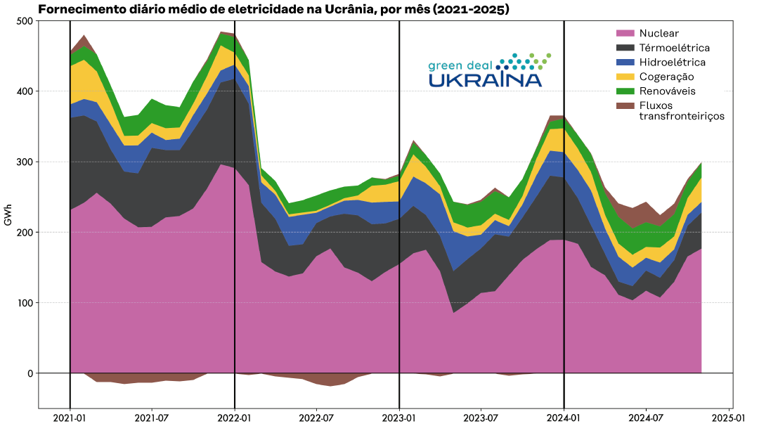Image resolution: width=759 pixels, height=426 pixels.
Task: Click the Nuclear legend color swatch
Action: click(625, 33)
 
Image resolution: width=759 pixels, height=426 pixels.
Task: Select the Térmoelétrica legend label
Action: click(674, 48)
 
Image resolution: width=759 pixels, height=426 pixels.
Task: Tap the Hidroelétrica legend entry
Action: click(672, 62)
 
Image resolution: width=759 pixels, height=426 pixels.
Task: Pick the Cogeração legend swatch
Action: click(625, 77)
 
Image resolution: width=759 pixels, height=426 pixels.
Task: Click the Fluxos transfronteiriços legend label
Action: click(681, 111)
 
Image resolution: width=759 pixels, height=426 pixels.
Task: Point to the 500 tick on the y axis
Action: click(25, 21)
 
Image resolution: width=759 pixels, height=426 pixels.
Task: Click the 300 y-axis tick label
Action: click(25, 162)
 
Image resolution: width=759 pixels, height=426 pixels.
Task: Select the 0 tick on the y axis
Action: click(30, 373)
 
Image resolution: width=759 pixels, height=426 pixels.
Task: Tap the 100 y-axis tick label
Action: click(25, 303)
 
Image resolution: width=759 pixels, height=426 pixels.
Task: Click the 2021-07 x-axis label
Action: click(152, 418)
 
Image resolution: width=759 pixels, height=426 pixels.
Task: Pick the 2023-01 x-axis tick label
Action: click(399, 418)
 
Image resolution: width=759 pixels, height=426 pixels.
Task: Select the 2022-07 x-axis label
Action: click(316, 418)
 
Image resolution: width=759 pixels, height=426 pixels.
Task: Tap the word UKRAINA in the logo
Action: click(485, 79)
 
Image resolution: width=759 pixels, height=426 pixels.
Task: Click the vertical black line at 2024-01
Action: click(564, 211)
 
